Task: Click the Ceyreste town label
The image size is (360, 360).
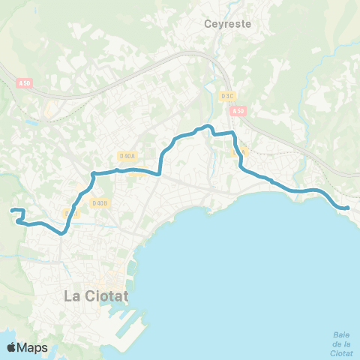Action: click(227, 24)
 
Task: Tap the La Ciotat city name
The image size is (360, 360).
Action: click(96, 295)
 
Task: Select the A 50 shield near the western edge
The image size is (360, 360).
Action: click(24, 84)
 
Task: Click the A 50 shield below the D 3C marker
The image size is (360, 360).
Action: click(238, 111)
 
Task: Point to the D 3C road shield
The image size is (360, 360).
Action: click(228, 95)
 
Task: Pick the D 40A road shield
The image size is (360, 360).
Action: click(127, 156)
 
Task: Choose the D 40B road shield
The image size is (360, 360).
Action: click(100, 202)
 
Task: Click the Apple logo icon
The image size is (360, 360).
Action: click(12, 347)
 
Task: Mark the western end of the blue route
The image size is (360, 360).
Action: click(13, 211)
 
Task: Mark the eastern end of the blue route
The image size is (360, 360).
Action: click(348, 208)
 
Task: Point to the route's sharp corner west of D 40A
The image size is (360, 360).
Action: click(93, 175)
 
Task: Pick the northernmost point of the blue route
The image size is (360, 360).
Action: click(208, 125)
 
